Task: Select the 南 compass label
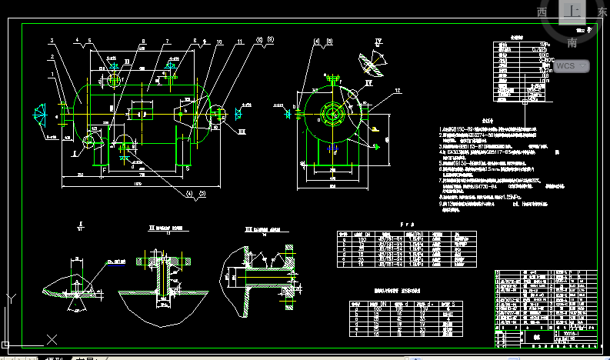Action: [x=573, y=44]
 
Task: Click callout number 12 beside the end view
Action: [x=397, y=91]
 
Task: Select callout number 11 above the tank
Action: [x=240, y=40]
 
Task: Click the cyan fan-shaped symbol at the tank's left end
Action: [x=39, y=115]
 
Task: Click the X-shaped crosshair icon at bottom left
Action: [x=52, y=339]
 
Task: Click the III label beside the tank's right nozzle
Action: [x=241, y=132]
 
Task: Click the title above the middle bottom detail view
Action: [x=166, y=228]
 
